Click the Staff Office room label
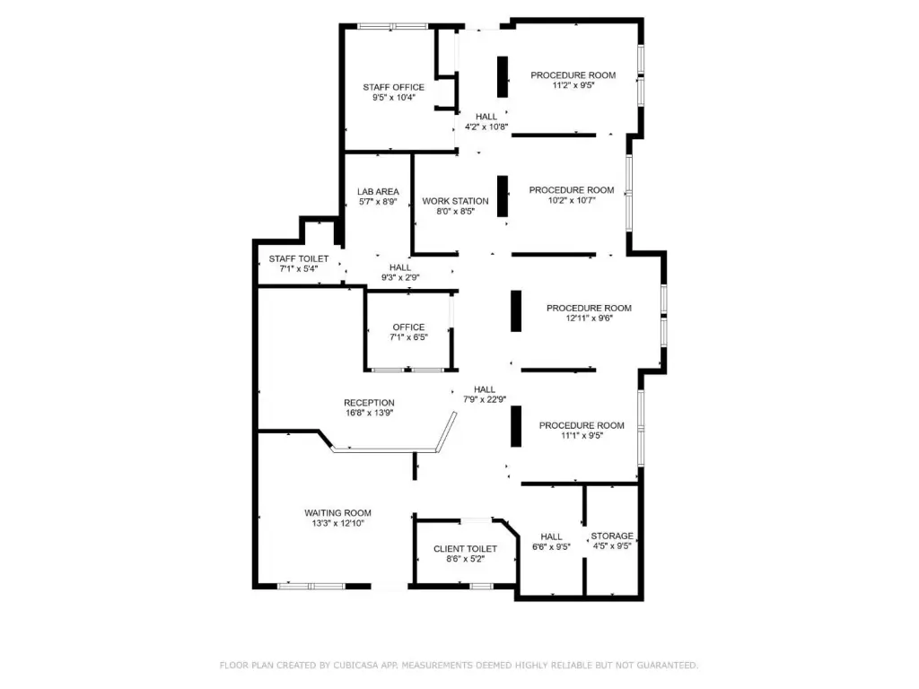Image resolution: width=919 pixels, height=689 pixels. (393, 87)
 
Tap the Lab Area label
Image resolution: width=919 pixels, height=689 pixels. (378, 192)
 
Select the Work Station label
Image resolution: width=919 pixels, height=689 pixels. (455, 201)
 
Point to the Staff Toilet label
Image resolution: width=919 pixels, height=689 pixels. (299, 259)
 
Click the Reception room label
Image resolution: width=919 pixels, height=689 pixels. (369, 403)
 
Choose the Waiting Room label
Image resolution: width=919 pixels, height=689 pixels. (337, 513)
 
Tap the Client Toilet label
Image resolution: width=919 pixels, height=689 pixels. (466, 549)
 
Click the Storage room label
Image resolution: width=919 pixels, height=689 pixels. (612, 536)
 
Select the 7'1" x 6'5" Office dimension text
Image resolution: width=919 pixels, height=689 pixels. (409, 337)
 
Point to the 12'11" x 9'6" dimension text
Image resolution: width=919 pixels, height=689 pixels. (589, 318)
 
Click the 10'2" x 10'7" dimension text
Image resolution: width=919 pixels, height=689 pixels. (572, 200)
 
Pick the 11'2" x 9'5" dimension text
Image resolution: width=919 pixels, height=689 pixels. (573, 85)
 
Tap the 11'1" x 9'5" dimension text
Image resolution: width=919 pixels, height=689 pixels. (582, 436)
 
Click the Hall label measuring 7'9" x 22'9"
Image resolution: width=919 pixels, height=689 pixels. (485, 389)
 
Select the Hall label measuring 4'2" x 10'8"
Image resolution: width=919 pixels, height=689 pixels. (486, 117)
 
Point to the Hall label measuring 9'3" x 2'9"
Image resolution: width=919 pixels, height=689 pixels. (400, 267)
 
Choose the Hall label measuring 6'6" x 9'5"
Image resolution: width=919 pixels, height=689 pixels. (552, 536)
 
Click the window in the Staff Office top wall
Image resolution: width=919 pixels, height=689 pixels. (393, 26)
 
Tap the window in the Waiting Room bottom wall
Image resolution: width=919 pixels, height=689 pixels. (311, 586)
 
